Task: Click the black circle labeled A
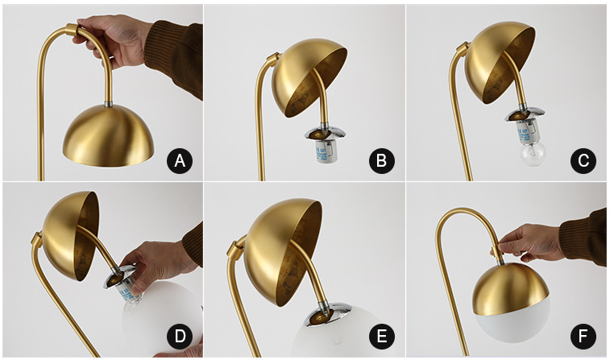click(x=180, y=160)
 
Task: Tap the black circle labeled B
click(x=382, y=160)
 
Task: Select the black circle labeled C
click(x=583, y=160)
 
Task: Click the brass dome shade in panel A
click(x=109, y=136)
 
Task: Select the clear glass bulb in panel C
click(x=533, y=154)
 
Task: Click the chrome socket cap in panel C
click(x=522, y=114)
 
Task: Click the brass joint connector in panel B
click(x=272, y=59)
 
